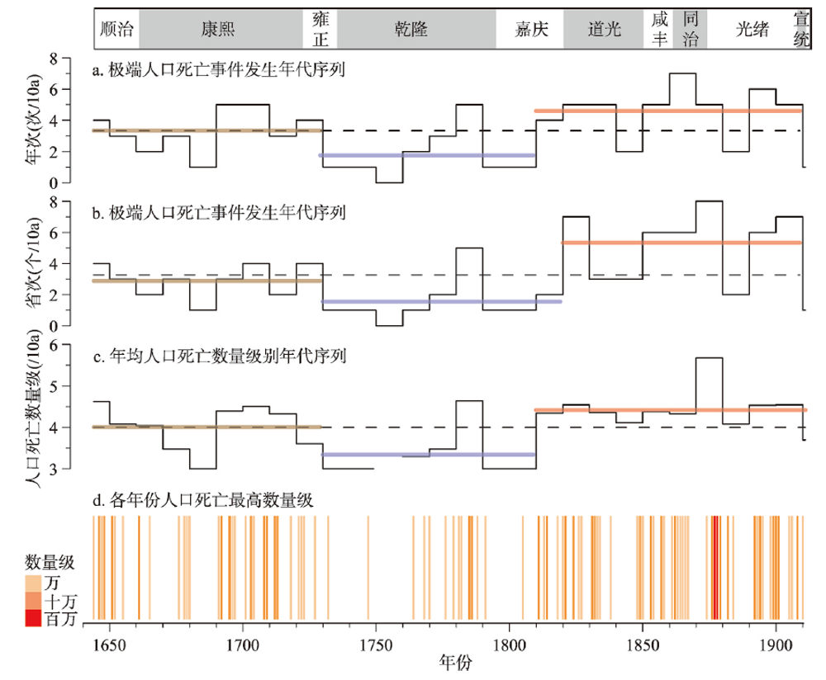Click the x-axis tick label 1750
[376, 640]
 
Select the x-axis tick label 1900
[776, 640]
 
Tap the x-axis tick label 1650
[109, 640]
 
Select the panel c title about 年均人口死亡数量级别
[219, 357]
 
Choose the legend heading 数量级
[49, 563]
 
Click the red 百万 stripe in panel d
[715, 567]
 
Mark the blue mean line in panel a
[427, 155]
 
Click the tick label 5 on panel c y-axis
[76, 386]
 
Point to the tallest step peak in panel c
[710, 358]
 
